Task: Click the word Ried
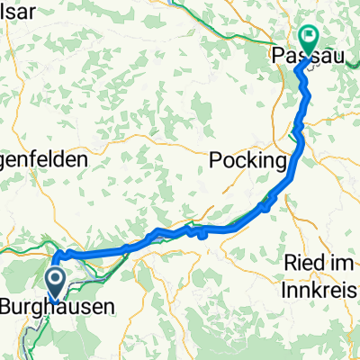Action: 301,262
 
